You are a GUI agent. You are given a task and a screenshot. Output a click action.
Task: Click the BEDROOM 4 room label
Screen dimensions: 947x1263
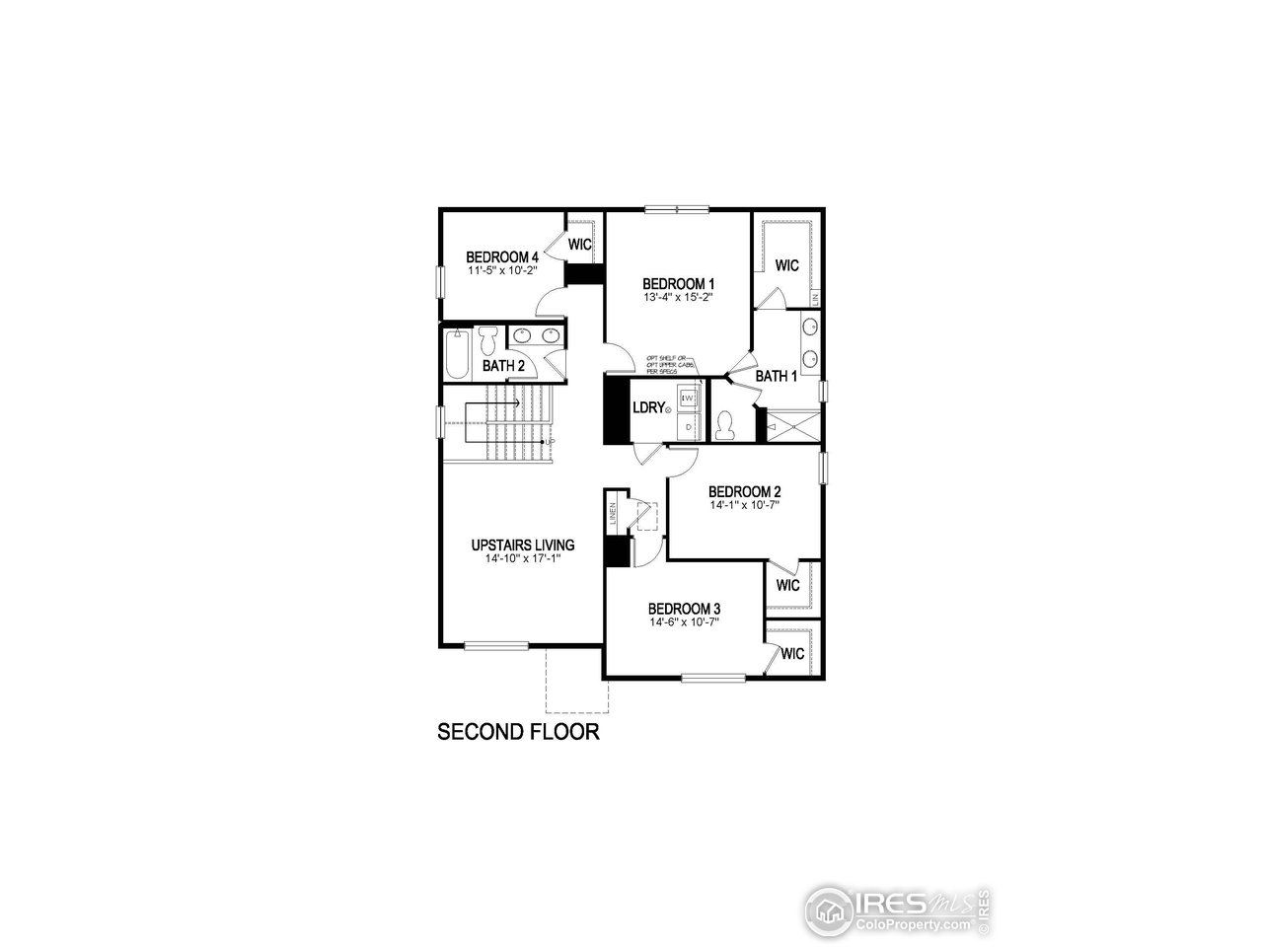[501, 258]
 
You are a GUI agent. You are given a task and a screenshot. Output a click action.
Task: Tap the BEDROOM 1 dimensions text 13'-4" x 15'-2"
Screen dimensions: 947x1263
[677, 296]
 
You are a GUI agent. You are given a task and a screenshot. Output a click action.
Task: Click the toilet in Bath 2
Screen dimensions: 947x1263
[488, 340]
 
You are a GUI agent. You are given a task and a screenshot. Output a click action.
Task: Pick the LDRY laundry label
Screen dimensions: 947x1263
[648, 407]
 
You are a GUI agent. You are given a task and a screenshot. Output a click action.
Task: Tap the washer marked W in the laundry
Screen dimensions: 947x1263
[689, 398]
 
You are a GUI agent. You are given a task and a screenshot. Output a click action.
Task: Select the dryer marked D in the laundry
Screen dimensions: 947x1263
[689, 426]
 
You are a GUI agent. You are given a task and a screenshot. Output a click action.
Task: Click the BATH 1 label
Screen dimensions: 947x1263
[777, 376]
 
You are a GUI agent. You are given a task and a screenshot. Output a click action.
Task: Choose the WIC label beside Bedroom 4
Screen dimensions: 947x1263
[579, 244]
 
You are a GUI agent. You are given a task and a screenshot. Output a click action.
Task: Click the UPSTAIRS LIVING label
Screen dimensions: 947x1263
[523, 545]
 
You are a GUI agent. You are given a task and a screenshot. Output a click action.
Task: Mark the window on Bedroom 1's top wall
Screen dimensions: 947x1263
[677, 208]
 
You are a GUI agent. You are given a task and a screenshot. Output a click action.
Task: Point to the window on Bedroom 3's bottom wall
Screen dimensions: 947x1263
[713, 678]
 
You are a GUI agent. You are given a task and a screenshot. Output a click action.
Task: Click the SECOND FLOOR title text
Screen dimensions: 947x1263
[519, 732]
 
